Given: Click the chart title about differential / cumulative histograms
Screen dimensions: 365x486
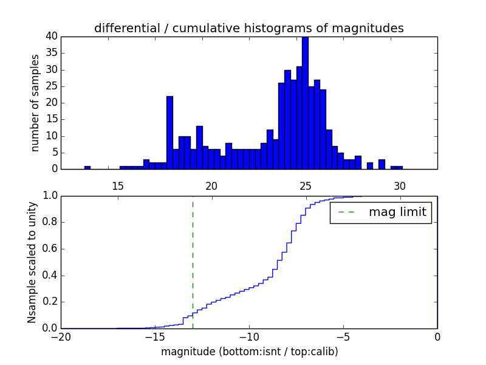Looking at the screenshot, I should [248, 28].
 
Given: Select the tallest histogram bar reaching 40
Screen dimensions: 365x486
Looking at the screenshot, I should [305, 103].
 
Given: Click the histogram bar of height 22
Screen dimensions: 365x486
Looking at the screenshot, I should [169, 133].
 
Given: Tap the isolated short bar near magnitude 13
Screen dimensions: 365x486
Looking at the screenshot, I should [87, 167].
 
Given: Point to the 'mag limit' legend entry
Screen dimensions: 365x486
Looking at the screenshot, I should [381, 212].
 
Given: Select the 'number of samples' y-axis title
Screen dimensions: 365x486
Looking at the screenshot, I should [35, 102].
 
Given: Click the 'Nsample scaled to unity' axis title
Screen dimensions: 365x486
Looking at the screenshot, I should [32, 262].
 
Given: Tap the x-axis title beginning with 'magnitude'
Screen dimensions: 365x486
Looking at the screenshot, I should [249, 352].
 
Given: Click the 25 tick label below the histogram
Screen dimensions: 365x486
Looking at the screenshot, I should [305, 185].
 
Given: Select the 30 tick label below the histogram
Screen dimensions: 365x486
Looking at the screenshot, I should [399, 185].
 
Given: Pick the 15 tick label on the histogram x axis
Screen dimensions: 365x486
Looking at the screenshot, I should [117, 185].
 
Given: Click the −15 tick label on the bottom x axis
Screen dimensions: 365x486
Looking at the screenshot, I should [155, 337].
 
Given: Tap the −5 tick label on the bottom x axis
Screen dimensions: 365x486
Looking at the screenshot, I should [343, 337].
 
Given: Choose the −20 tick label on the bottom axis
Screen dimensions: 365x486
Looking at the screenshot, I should [61, 337].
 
